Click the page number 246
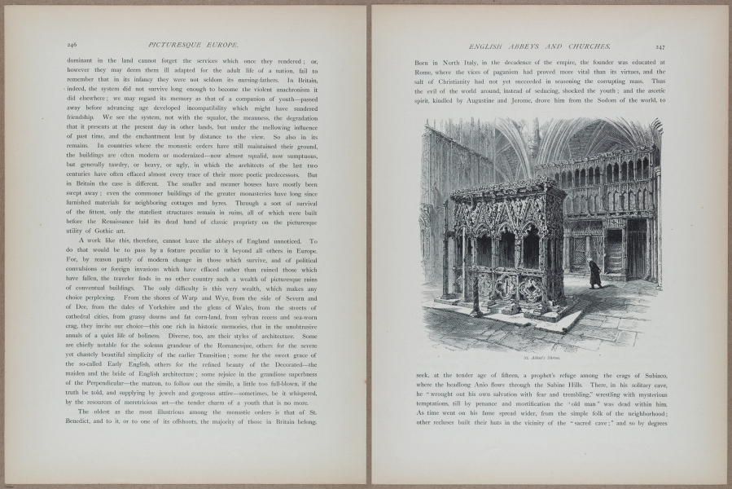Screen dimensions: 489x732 click(72, 46)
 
